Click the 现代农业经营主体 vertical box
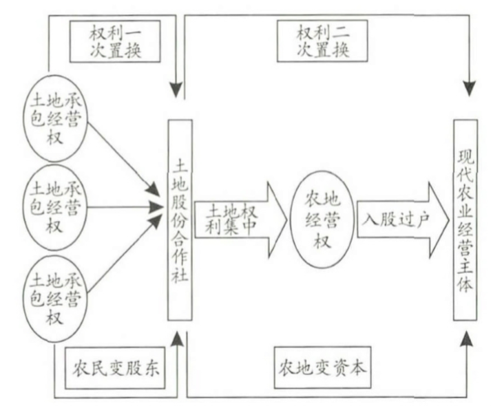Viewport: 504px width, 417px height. tap(464, 220)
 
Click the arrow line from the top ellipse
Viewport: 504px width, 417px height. tap(120, 158)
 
